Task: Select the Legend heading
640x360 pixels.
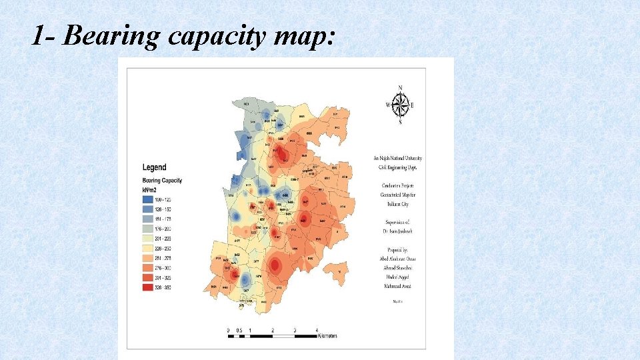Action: coord(155,167)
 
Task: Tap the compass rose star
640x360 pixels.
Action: coord(400,105)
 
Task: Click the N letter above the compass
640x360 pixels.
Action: coord(400,88)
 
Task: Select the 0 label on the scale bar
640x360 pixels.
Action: coord(229,329)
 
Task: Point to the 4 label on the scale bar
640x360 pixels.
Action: coord(316,329)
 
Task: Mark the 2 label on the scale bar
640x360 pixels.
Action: coord(273,329)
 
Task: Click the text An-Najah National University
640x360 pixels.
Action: coord(397,159)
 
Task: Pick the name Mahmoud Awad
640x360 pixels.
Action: coord(397,285)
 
